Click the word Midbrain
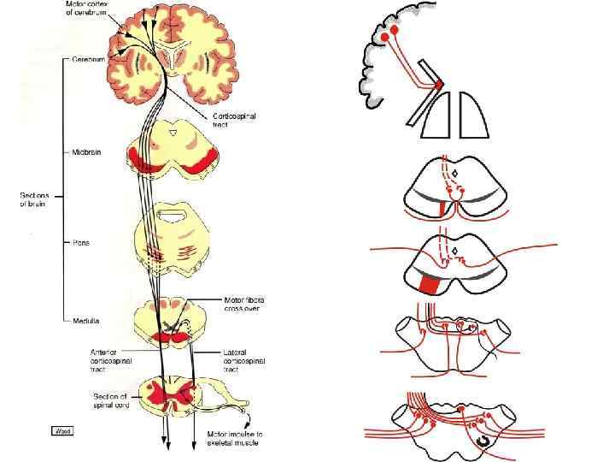tap(88, 152)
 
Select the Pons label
tap(81, 242)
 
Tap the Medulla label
tap(85, 322)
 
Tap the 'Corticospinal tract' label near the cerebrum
tap(232, 119)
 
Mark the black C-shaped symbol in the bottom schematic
tap(483, 437)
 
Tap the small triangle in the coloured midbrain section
tap(174, 133)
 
